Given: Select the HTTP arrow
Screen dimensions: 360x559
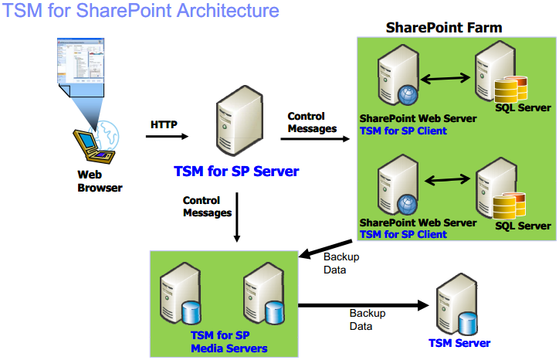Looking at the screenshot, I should point(167,136).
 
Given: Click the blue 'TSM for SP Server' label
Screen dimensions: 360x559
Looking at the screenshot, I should point(236,172).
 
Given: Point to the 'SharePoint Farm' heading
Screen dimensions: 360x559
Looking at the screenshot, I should point(444,28).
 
